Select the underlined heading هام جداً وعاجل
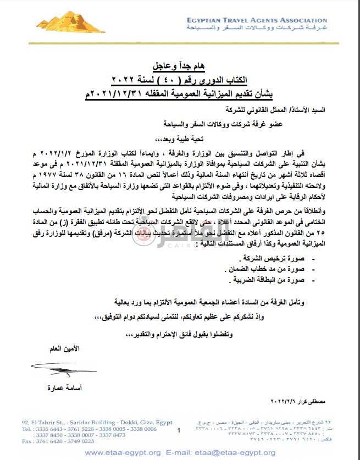(181, 68)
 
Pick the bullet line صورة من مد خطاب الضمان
(268, 269)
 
